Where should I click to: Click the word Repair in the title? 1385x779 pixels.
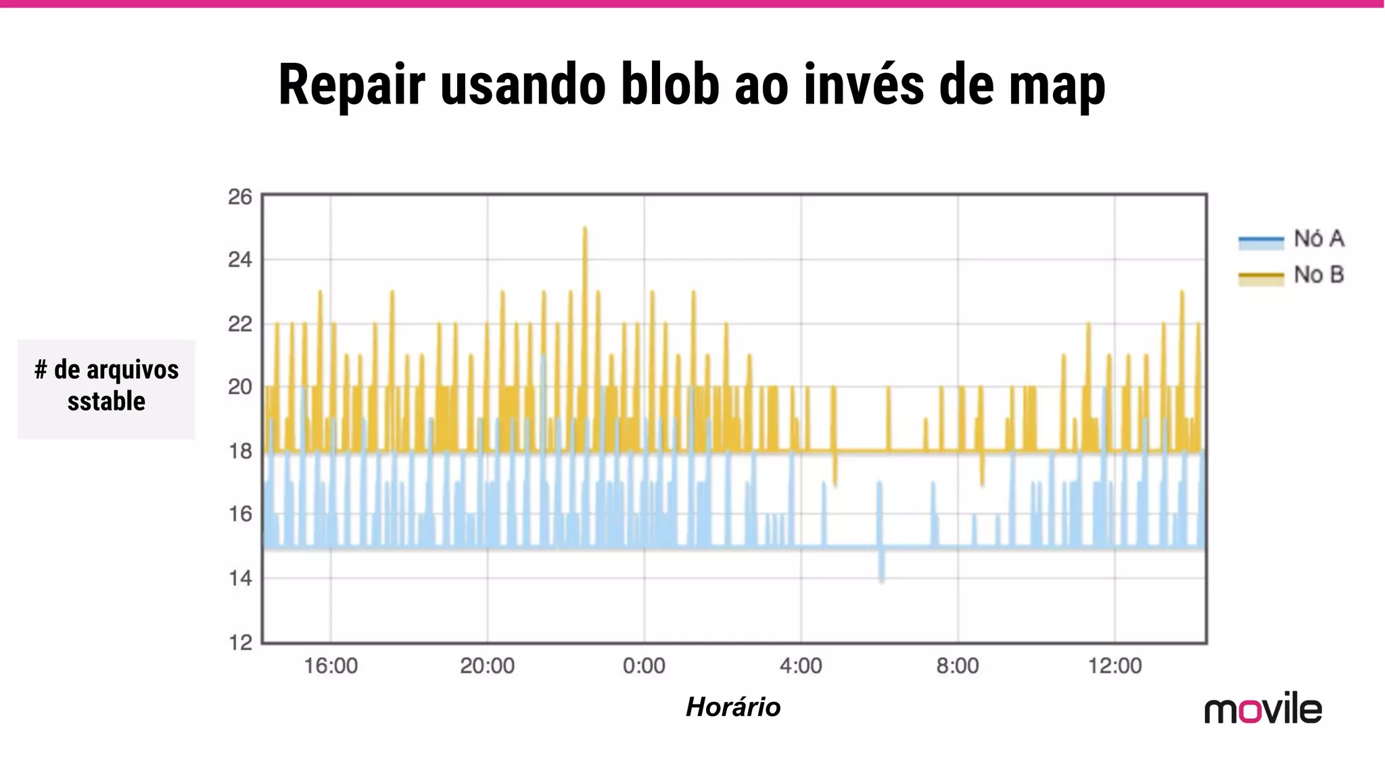352,86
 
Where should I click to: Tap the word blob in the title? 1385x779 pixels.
670,85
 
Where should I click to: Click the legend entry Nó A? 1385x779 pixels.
1318,239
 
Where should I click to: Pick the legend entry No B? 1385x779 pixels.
1318,275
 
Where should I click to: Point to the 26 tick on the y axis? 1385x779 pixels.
240,197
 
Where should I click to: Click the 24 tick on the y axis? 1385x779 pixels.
240,260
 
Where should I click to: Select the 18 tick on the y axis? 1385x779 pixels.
240,451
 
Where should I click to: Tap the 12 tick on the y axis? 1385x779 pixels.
240,642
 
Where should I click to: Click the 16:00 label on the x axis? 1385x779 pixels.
331,666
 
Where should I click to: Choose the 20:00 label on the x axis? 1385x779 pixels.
487,666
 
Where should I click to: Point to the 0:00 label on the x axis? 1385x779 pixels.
644,666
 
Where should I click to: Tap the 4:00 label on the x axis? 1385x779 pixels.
801,666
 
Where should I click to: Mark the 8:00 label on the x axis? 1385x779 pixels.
958,666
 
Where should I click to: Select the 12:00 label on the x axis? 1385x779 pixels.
1114,666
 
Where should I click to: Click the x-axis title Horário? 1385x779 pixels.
733,707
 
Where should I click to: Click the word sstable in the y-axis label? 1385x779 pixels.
106,402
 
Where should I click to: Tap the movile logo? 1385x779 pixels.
1263,709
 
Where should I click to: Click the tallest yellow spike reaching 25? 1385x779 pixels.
585,230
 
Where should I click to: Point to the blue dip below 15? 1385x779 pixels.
881,578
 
